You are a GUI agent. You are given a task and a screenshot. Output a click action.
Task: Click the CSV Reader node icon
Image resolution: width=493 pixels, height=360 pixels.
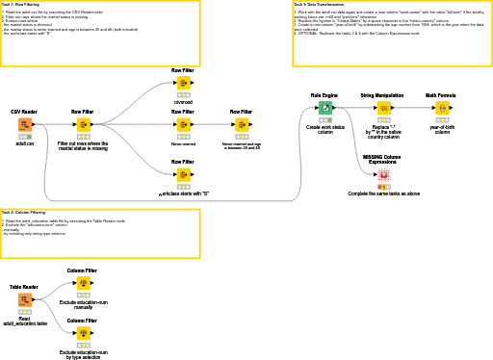tap(24, 124)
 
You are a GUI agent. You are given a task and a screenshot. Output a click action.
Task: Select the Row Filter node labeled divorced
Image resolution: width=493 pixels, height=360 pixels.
tap(183, 83)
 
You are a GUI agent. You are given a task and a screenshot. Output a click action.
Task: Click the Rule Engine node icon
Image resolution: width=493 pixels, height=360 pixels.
tap(324, 108)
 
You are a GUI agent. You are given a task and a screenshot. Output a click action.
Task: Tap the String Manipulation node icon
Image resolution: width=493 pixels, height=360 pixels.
tap(381, 108)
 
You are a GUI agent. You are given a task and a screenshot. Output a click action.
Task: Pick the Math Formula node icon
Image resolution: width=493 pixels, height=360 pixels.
tap(442, 108)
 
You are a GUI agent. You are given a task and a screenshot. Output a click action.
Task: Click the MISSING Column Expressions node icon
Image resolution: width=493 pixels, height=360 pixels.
tap(383, 175)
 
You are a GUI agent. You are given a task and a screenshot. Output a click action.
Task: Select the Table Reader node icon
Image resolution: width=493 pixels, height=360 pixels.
tap(24, 299)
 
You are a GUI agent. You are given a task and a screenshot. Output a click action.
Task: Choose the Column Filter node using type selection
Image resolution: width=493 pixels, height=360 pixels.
tap(83, 333)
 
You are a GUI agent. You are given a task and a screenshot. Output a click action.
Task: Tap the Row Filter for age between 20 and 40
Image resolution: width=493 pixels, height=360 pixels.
tap(241, 124)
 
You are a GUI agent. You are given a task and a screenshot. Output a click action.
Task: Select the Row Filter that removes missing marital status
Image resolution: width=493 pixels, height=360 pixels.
tap(83, 124)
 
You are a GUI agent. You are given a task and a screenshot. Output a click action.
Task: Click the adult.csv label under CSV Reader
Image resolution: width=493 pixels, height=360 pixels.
tap(24, 143)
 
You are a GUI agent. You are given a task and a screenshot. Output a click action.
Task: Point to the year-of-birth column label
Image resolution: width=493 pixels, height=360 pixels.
tap(442, 130)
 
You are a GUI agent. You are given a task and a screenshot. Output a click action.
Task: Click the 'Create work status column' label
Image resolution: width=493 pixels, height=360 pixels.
tap(324, 129)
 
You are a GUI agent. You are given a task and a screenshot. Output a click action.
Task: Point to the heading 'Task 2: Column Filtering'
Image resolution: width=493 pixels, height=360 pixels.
tap(23, 212)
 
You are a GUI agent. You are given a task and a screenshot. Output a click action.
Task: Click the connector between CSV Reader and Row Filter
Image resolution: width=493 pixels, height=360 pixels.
tap(53, 124)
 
